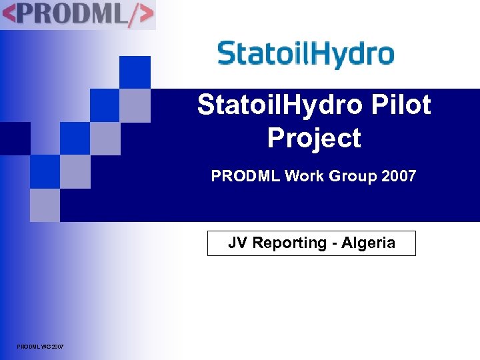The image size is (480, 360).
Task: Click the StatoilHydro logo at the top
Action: (x=305, y=54)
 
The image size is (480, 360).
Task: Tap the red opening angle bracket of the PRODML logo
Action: (x=12, y=14)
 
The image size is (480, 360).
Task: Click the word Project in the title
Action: (x=314, y=138)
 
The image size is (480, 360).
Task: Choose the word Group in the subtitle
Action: (x=353, y=177)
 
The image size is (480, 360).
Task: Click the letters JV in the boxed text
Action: (x=237, y=243)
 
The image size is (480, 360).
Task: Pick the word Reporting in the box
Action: (x=288, y=243)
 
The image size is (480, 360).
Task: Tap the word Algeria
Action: (x=368, y=243)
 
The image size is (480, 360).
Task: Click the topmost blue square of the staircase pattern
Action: (x=135, y=72)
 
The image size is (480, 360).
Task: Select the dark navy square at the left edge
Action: (x=15, y=138)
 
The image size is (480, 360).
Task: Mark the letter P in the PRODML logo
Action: (x=33, y=14)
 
